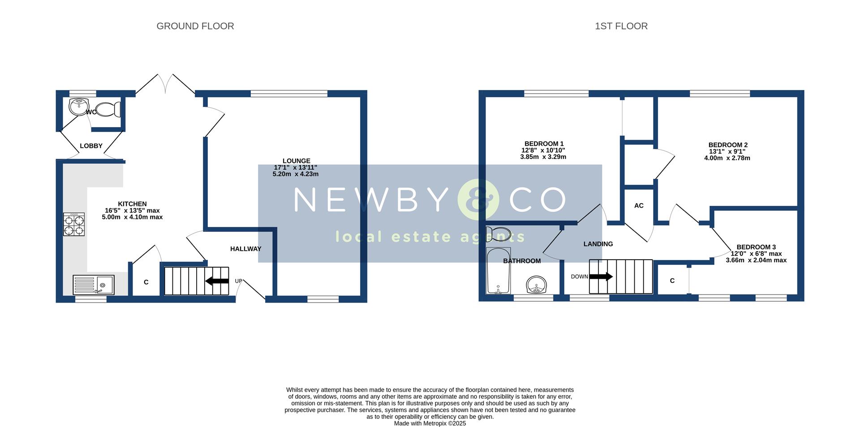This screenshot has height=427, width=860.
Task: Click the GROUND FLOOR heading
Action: point(195,26)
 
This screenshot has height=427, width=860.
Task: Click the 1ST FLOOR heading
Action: point(621,26)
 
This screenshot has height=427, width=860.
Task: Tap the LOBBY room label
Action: point(91,146)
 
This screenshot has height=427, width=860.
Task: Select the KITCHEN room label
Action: point(132,204)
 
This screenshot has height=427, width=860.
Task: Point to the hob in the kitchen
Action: point(74,224)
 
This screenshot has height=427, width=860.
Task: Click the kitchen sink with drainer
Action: point(94,285)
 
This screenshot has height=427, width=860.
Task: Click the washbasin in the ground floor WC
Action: point(77,107)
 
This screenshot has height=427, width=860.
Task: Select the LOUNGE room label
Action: point(296,161)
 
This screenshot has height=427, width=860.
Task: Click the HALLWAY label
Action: point(245,249)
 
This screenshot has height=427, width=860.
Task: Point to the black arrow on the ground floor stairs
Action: point(217,281)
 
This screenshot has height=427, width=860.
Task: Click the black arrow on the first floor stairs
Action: point(601,277)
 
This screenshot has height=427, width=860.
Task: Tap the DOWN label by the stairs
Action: point(579,277)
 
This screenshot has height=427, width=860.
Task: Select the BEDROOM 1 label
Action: point(544,144)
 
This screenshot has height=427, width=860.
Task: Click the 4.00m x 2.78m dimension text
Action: point(727,158)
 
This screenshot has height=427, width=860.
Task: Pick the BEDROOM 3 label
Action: point(756,247)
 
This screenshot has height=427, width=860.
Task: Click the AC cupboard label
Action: point(639,205)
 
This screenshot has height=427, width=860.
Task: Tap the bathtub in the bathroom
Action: point(498,270)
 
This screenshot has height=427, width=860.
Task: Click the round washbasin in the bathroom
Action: point(536,284)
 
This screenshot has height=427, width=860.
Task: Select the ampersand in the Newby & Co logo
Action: point(478,200)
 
